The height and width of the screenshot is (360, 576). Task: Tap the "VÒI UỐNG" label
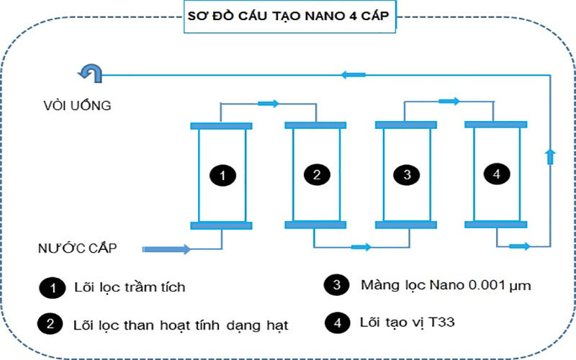pos(76,106)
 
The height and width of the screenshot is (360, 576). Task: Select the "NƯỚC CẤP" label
pos(78,248)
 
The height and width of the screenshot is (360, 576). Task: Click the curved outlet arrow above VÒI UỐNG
pos(91,72)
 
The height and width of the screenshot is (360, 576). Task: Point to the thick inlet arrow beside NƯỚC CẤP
pos(167,249)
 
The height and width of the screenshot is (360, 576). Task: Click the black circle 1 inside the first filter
pos(222,174)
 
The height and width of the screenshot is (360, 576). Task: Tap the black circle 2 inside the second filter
pos(316,174)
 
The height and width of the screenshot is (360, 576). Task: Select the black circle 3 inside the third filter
pos(407,174)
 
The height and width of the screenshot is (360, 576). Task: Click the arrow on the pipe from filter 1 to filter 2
pos(268,104)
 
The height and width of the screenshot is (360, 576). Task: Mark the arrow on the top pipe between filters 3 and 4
pos(449,102)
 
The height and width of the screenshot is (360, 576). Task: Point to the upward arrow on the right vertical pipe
pos(551,156)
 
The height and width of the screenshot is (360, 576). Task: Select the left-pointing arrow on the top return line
pos(353,73)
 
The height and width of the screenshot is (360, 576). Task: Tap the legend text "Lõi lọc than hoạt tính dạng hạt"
pos(181,325)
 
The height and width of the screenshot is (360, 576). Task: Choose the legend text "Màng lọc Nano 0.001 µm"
pos(446,285)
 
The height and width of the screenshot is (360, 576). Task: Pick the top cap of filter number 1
pos(221,126)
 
